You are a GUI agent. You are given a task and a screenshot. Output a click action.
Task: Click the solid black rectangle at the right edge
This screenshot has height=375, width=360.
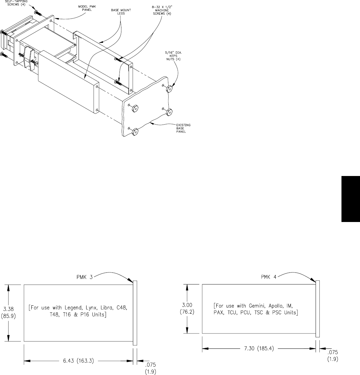[x=351, y=198]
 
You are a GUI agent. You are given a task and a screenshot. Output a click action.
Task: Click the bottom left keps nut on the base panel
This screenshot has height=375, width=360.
[x=135, y=131]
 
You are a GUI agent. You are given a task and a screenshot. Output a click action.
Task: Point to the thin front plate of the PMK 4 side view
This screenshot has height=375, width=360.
[x=317, y=309]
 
